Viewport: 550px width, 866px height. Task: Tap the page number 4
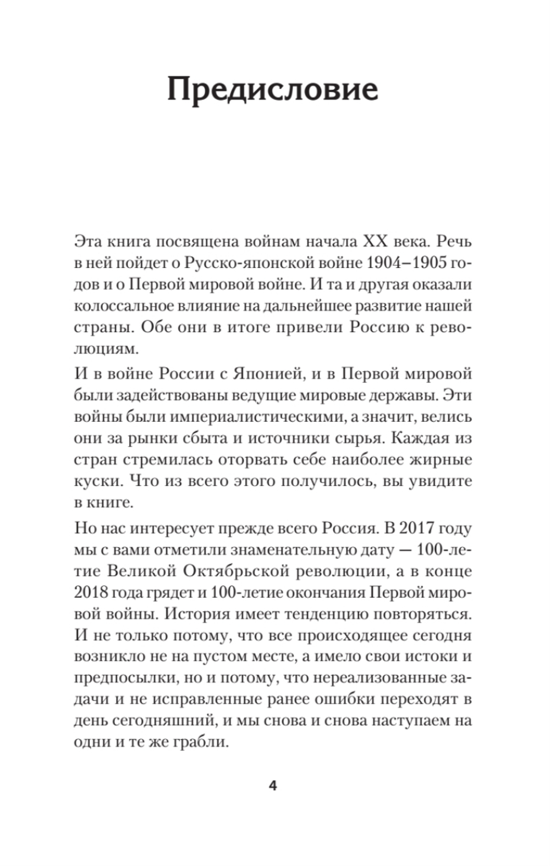(x=273, y=786)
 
